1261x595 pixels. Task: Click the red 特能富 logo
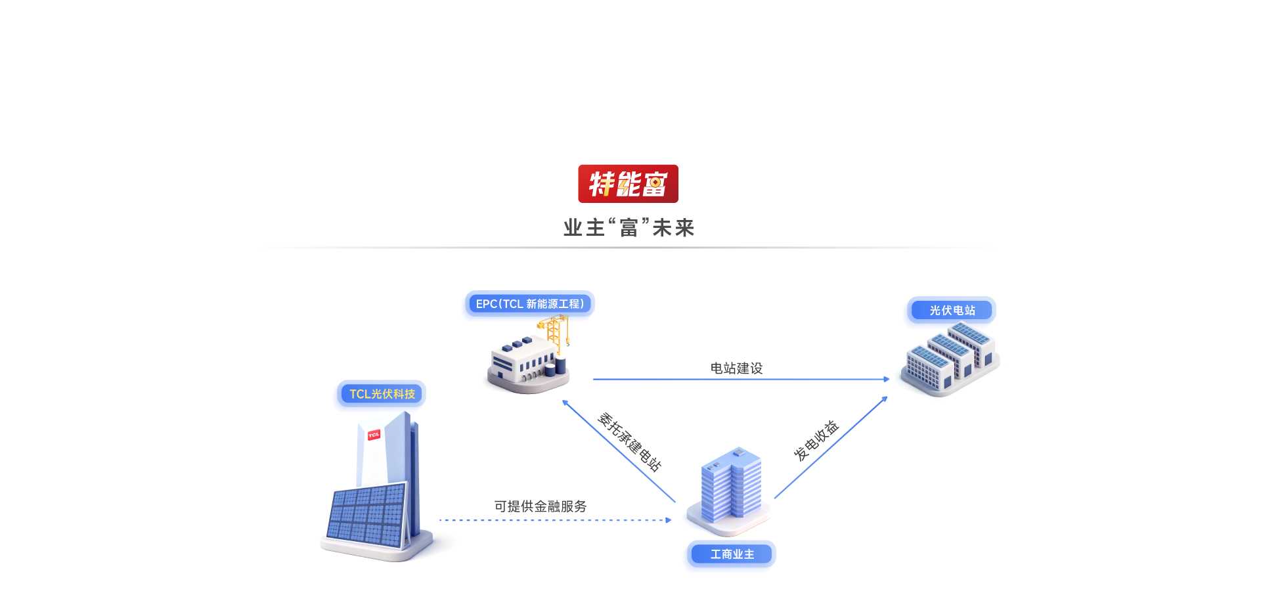tap(628, 184)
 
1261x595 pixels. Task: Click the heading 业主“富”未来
tap(629, 228)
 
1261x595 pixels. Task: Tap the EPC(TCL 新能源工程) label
tap(529, 304)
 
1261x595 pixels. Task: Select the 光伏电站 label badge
tap(952, 310)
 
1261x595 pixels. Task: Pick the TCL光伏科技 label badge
tap(382, 394)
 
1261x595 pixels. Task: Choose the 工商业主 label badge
tap(732, 554)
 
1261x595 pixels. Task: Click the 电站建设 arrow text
tap(736, 368)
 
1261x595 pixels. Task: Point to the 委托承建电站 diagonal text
tap(629, 442)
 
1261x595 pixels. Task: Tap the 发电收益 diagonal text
tap(816, 441)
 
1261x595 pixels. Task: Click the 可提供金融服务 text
tap(540, 506)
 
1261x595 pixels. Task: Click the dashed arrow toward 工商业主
tap(555, 520)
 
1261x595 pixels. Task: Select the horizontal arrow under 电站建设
tap(740, 380)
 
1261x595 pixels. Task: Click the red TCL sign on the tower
tap(374, 435)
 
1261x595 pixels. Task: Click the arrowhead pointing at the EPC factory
tap(565, 403)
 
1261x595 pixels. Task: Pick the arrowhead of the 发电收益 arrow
tap(885, 399)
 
